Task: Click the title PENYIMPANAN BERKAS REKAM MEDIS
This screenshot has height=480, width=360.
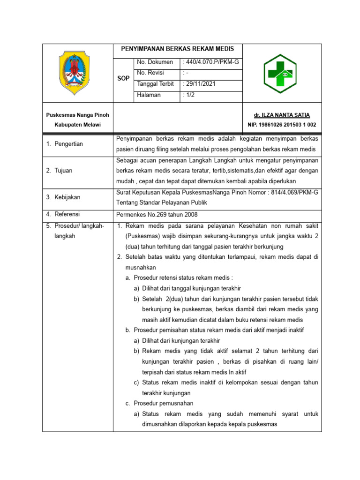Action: pyautogui.click(x=178, y=49)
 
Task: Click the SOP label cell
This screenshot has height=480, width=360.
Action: pyautogui.click(x=123, y=78)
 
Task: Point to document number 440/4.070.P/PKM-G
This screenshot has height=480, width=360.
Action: pyautogui.click(x=211, y=62)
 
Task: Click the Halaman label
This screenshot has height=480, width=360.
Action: pyautogui.click(x=149, y=95)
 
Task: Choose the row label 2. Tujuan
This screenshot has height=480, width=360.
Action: pyautogui.click(x=59, y=171)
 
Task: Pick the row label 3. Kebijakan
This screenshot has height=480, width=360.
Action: pyautogui.click(x=63, y=197)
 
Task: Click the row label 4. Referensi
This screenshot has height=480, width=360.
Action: pyautogui.click(x=63, y=215)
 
